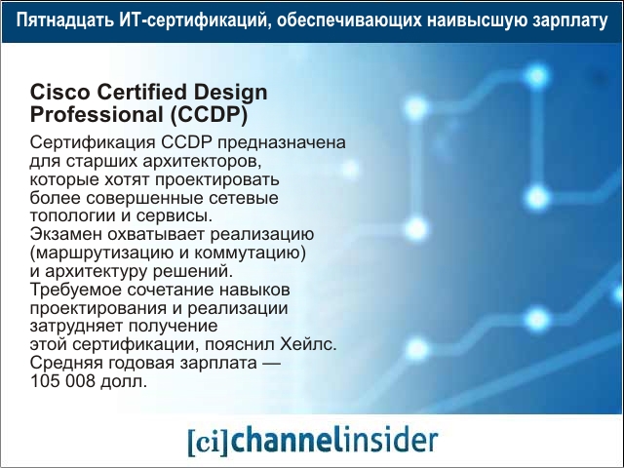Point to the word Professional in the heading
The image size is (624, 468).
[x=97, y=115]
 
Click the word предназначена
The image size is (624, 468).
[x=282, y=143]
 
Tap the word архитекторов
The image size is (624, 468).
[x=202, y=162]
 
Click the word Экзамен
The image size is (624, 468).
[x=66, y=234]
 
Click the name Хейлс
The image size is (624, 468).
[x=308, y=344]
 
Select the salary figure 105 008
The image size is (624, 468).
[x=62, y=381]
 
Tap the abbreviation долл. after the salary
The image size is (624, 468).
[x=124, y=381]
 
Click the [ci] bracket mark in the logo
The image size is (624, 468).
[x=208, y=441]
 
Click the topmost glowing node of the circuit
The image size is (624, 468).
[x=537, y=76]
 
